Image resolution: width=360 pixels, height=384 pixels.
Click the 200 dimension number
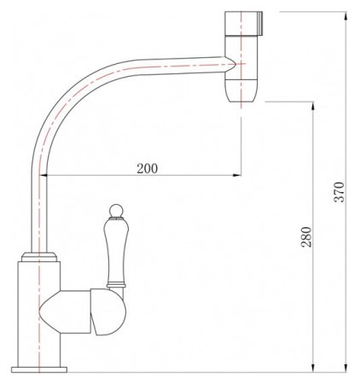(x=148, y=168)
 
